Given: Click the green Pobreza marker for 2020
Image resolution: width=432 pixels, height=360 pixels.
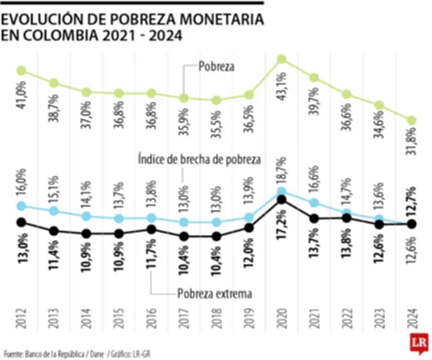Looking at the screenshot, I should (x=281, y=59).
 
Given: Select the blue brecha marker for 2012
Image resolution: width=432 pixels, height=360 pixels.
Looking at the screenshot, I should (x=22, y=206).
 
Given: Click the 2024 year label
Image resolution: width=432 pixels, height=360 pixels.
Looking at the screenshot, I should (x=412, y=318).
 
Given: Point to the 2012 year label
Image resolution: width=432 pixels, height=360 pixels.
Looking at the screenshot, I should (x=22, y=318).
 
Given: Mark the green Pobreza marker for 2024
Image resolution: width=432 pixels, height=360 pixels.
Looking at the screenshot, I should (x=412, y=120).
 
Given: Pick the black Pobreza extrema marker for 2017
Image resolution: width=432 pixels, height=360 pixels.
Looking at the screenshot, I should (x=184, y=236).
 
